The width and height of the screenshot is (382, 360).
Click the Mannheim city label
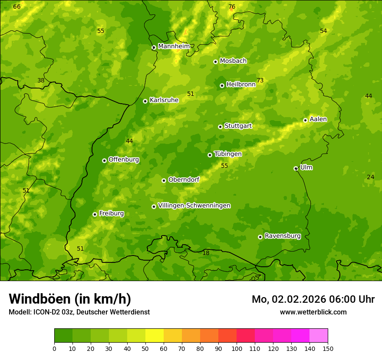pos(174,46)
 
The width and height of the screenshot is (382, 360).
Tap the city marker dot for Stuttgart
pos(220,127)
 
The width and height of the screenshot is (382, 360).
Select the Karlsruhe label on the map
pos(164,100)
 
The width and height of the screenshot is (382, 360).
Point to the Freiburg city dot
pos(95,214)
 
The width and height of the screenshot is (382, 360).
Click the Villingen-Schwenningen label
pos(194,206)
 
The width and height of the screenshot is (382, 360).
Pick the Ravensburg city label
pos(283,236)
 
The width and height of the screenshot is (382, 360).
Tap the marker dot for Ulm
pos(296,168)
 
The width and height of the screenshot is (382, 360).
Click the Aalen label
pos(318,119)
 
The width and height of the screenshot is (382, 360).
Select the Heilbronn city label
pos(241,85)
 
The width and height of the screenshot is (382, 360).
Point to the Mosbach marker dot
pos(215,62)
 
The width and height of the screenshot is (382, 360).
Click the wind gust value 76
pos(232,7)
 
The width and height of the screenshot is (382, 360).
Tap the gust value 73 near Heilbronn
pos(260,80)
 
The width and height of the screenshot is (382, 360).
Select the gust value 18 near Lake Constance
pos(206,253)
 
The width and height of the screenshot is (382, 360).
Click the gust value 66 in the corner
pos(17,7)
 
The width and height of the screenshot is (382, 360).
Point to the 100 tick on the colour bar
pos(237,348)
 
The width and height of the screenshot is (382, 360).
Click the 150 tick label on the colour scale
pos(328,348)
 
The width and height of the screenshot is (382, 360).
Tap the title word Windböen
pos(40,299)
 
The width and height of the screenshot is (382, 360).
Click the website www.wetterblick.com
pos(313,312)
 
